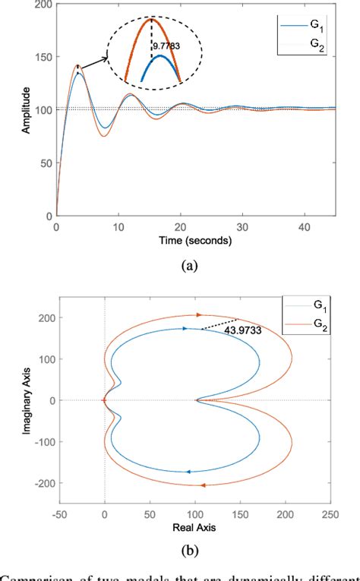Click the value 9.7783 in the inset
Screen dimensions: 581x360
tap(166, 46)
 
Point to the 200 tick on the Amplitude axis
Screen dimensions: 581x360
tap(44, 6)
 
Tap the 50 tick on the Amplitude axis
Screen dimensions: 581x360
tap(47, 163)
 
